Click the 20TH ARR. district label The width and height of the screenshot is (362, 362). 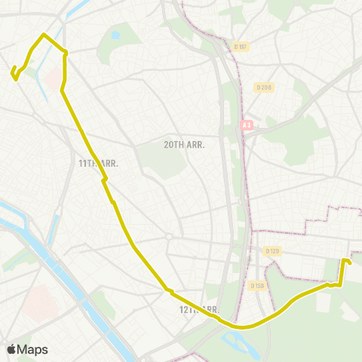click(x=184, y=144)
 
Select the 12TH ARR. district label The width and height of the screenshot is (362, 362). click(x=198, y=309)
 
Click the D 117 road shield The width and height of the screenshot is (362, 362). click(x=241, y=48)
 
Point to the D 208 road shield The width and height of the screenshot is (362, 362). click(x=262, y=87)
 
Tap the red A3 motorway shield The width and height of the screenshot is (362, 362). click(x=246, y=124)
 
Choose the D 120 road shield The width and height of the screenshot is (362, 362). click(x=272, y=250)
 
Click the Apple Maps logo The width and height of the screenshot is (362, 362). click(x=27, y=349)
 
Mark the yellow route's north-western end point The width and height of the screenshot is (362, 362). click(x=12, y=72)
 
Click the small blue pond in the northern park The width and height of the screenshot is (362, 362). click(x=115, y=35)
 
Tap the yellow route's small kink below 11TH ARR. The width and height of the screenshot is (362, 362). click(x=105, y=179)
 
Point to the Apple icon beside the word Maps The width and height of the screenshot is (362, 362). click(x=11, y=349)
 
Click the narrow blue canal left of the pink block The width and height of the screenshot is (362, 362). click(x=41, y=83)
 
